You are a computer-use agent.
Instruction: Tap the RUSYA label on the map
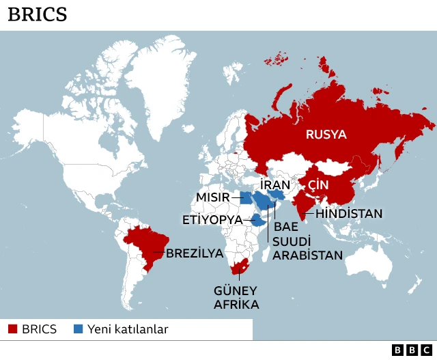[326, 135]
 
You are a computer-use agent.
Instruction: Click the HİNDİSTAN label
[350, 214]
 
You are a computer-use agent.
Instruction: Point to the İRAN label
[275, 185]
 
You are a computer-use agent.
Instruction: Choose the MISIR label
[213, 198]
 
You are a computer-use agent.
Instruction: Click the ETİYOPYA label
[212, 220]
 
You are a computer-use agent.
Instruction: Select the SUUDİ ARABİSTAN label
[307, 248]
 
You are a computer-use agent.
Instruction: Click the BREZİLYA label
[194, 253]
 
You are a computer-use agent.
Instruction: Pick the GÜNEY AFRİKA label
[236, 298]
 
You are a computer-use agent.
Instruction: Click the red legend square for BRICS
[12, 329]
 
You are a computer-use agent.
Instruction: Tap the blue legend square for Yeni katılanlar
[77, 329]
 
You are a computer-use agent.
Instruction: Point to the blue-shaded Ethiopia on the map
[257, 221]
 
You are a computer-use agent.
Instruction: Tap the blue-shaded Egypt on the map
[245, 198]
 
